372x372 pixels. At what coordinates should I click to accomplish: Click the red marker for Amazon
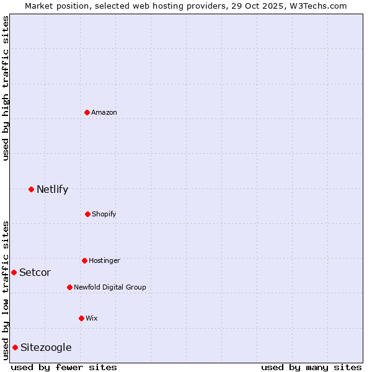(87, 112)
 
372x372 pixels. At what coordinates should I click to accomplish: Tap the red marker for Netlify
(31, 189)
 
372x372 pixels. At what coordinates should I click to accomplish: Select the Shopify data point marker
(87, 214)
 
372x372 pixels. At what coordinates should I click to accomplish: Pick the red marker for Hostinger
(84, 260)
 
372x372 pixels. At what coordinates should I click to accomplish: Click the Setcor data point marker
(14, 272)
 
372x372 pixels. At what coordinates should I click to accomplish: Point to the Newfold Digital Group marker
(69, 287)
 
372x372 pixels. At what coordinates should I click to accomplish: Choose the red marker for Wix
(81, 318)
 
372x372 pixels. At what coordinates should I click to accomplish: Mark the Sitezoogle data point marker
(15, 347)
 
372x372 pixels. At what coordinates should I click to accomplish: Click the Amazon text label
(104, 112)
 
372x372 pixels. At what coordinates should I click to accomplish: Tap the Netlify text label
(52, 189)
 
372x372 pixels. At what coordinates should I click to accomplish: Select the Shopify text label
(104, 214)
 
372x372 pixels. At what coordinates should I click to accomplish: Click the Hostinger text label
(104, 260)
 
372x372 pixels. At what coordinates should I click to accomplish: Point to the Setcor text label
(35, 272)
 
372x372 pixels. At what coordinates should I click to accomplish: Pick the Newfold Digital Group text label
(110, 287)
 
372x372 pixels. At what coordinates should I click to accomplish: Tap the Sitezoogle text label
(46, 347)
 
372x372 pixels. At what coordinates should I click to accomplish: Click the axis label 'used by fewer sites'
(64, 367)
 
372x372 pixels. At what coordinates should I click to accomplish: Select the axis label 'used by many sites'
(311, 367)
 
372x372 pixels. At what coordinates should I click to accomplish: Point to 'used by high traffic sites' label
(6, 88)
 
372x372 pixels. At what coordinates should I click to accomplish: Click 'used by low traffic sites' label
(6, 290)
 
